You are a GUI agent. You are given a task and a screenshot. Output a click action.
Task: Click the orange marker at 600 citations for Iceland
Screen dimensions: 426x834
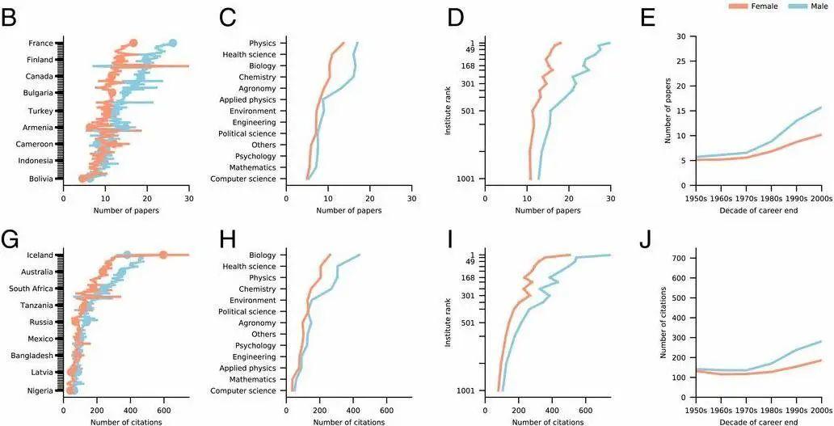[163, 255]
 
